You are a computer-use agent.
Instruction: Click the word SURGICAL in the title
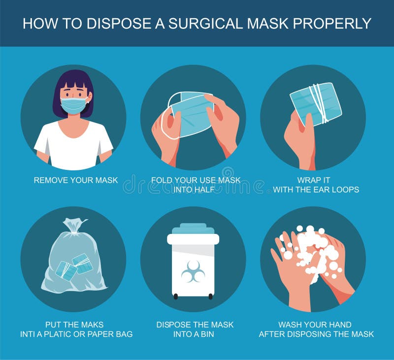[197, 23]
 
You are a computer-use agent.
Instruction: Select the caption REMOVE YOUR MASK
[76, 180]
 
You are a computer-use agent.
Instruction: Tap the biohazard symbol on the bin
[193, 271]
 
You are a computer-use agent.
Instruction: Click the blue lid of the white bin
[193, 229]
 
